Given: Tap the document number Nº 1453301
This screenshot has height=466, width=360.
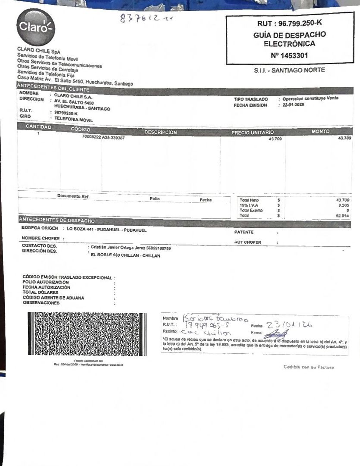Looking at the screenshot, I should pyautogui.click(x=289, y=55).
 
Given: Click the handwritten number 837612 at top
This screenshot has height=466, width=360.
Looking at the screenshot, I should pyautogui.click(x=140, y=18).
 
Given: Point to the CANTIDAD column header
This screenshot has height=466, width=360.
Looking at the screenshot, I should pyautogui.click(x=38, y=127).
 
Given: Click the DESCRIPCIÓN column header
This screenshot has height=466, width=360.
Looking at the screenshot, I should pyautogui.click(x=160, y=132).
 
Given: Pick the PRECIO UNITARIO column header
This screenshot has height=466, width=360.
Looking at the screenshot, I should pyautogui.click(x=252, y=132).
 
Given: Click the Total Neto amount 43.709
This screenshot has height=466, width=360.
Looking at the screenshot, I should pyautogui.click(x=343, y=200).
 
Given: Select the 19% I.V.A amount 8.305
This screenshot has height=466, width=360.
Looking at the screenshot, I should pyautogui.click(x=344, y=205).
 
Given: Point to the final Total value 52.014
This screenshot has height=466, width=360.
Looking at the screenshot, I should pyautogui.click(x=343, y=215).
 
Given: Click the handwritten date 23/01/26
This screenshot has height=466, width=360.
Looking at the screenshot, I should pyautogui.click(x=289, y=325).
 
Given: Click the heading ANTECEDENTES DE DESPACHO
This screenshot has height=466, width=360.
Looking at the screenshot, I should pyautogui.click(x=57, y=220).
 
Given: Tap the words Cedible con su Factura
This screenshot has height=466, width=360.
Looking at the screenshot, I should pyautogui.click(x=309, y=367).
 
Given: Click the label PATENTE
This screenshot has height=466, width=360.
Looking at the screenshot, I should pyautogui.click(x=244, y=232).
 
